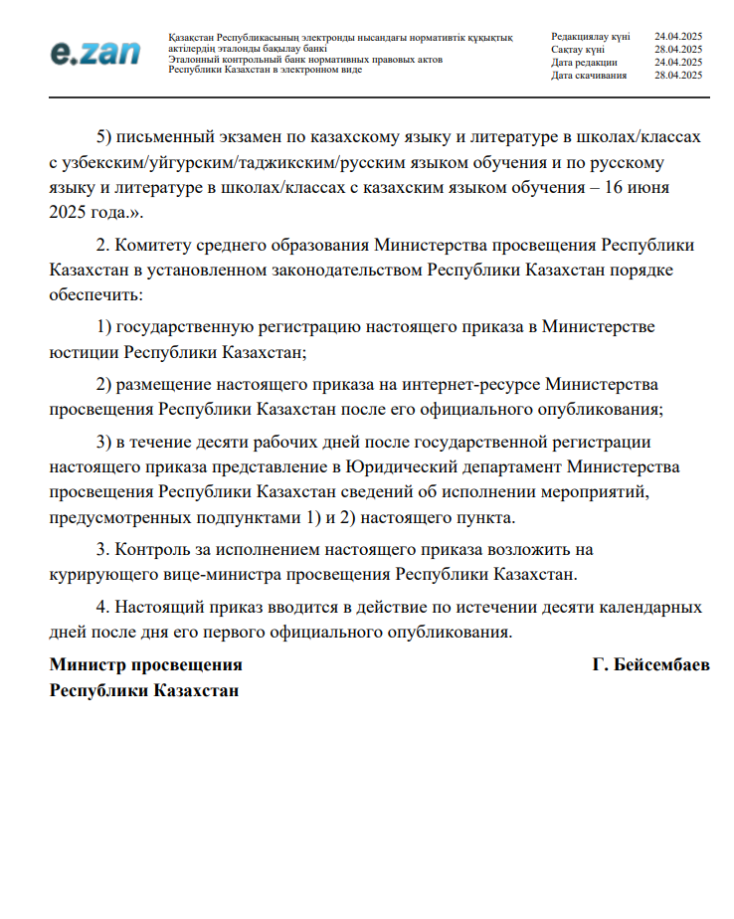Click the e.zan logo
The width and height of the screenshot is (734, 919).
click(x=95, y=53)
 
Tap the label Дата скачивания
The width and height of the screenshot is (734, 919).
click(x=589, y=76)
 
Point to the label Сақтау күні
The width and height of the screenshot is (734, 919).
click(x=577, y=49)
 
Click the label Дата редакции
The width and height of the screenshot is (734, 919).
click(x=584, y=63)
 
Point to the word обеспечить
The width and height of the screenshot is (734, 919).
click(x=95, y=294)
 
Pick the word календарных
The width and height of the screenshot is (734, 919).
click(x=649, y=607)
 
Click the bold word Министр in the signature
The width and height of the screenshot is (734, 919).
click(x=86, y=665)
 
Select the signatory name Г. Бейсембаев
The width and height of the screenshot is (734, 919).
click(x=650, y=665)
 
